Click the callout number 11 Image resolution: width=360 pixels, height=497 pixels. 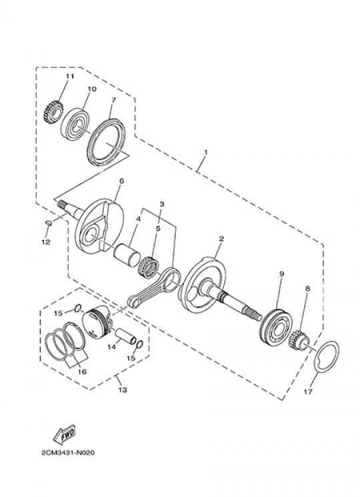[x=69, y=77]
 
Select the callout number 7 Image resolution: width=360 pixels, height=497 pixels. [x=114, y=99]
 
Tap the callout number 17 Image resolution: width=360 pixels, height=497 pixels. [x=308, y=392]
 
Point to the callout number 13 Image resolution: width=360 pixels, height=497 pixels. [x=123, y=390]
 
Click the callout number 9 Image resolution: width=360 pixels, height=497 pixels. [x=282, y=274]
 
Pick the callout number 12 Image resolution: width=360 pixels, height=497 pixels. [x=45, y=242]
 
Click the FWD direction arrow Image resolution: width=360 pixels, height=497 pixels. [x=65, y=434]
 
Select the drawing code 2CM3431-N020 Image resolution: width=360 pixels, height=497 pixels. [x=68, y=452]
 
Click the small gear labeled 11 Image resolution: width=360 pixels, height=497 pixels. [x=53, y=113]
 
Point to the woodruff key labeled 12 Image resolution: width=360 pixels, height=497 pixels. [x=49, y=223]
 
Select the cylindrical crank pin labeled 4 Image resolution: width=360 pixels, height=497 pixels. [x=127, y=255]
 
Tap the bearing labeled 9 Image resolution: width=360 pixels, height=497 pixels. [x=277, y=326]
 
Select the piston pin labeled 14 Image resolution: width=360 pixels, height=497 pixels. [x=125, y=336]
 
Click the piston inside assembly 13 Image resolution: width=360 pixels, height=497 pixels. [x=97, y=322]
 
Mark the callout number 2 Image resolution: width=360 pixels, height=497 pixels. [x=221, y=238]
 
